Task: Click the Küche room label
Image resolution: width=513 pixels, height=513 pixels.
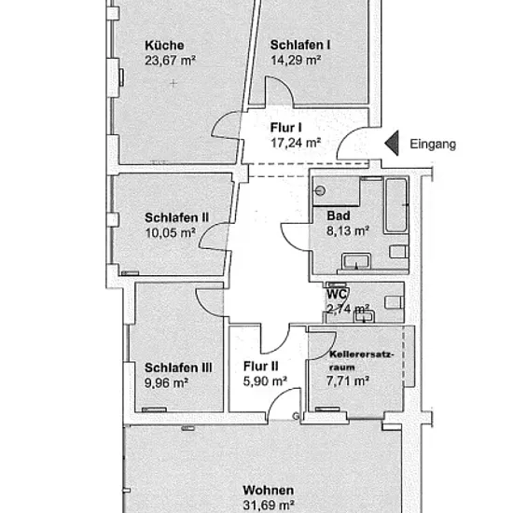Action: coord(164,45)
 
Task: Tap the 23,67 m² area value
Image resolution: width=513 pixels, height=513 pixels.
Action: coord(170,61)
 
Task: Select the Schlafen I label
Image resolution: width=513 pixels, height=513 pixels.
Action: coord(300,45)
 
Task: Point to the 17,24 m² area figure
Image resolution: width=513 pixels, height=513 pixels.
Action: coord(296,143)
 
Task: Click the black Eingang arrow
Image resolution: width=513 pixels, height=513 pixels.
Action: coord(392,143)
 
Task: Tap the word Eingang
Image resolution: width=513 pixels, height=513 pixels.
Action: coord(433,145)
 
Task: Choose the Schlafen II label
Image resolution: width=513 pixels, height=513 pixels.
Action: coord(176,217)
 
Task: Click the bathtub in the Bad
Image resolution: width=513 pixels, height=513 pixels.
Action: coord(396,205)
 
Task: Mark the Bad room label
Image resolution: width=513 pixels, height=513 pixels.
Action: coord(339,216)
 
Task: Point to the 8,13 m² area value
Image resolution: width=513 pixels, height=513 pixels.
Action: coord(348,231)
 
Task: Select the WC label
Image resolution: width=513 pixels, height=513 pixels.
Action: coord(338,294)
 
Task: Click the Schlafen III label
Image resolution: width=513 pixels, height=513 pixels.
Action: coord(178,367)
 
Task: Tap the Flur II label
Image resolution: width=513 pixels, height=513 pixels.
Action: coord(261,367)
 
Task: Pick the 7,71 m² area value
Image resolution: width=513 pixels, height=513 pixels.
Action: coord(348,381)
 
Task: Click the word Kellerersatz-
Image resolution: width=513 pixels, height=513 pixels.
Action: coord(362,354)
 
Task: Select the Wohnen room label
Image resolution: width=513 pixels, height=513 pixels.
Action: coord(269,490)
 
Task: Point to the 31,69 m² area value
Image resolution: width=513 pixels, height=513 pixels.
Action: coord(269,506)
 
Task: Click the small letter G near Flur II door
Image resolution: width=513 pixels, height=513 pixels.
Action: coord(296,416)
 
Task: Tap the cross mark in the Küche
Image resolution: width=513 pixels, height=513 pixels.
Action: coord(173,83)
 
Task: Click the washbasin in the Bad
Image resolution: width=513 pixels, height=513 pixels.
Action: coord(356,261)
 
